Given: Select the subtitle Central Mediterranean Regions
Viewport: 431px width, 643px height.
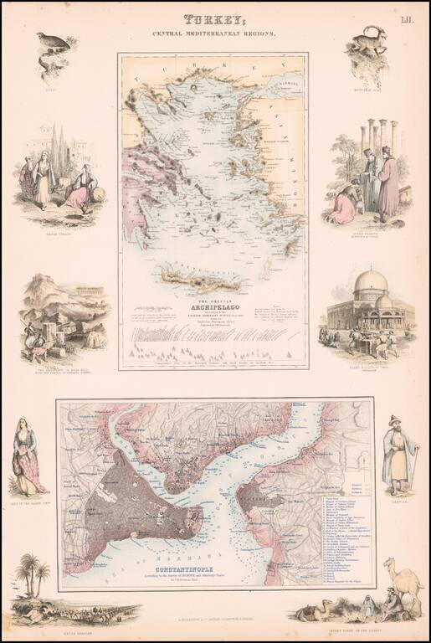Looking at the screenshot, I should [214, 34].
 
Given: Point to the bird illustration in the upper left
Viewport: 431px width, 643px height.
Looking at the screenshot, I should [52, 44].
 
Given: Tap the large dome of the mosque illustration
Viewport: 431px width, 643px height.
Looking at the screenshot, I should [371, 282].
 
